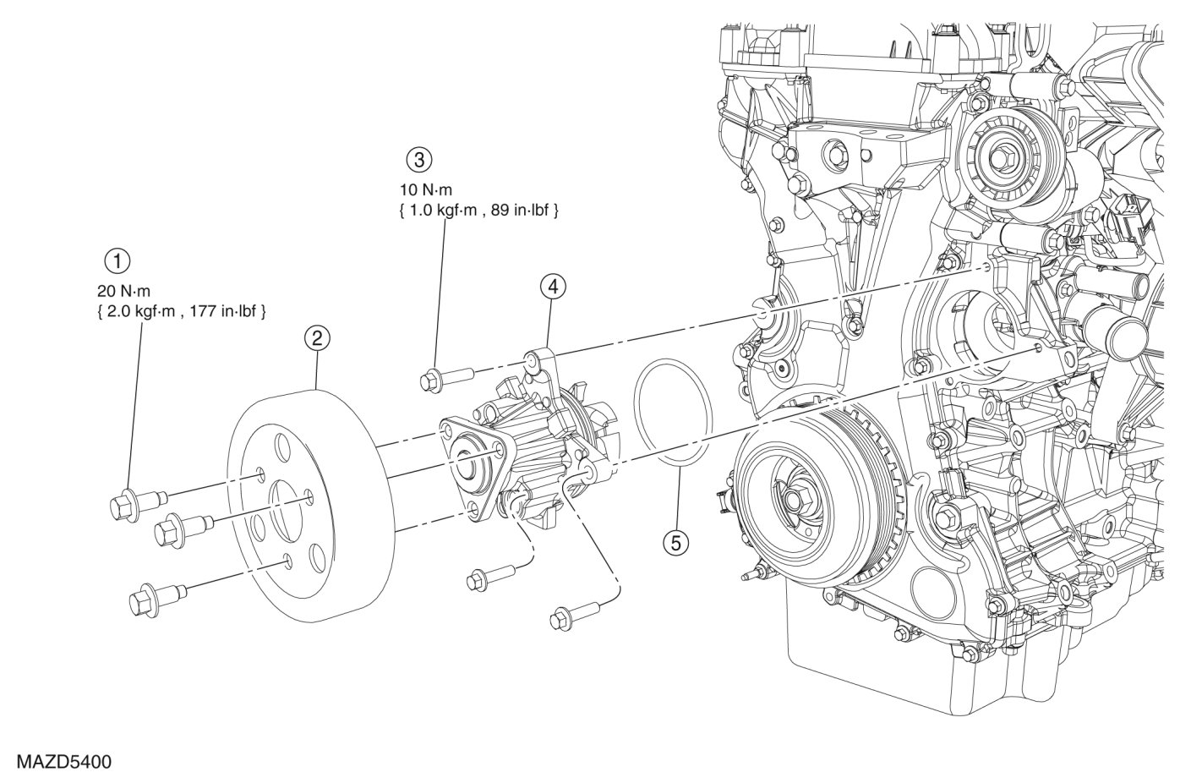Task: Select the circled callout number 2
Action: (317, 339)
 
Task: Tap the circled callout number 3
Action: (419, 159)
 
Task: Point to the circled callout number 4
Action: (552, 287)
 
